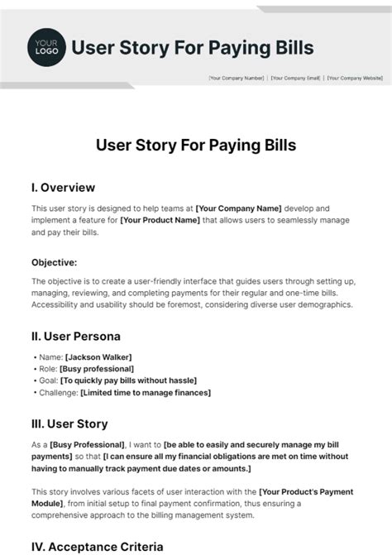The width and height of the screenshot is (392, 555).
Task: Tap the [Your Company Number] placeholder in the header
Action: coord(237,78)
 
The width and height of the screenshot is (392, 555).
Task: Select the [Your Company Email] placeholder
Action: coord(295,78)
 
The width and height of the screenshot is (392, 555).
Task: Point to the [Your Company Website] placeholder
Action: coord(355,78)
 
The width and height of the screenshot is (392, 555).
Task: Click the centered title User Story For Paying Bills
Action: coord(196,146)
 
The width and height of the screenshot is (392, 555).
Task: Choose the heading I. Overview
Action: coord(63,188)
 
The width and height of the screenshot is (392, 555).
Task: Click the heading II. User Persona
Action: coord(76,337)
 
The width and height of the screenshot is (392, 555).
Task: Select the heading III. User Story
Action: coord(69,424)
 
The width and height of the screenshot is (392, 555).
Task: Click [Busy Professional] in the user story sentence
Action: coord(87,445)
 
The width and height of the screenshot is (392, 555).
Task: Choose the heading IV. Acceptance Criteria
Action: coord(95,547)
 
